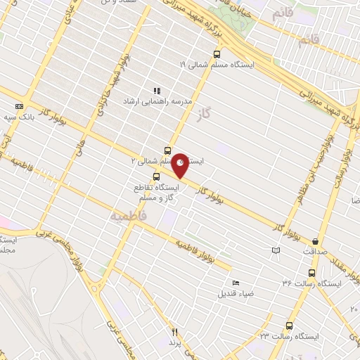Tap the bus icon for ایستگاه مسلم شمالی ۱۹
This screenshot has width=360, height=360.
217,53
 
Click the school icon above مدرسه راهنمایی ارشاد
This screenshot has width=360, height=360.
157,91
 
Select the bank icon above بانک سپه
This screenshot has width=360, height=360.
19,106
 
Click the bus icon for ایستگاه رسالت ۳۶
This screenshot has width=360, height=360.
311,272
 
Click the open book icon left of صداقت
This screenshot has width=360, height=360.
276,250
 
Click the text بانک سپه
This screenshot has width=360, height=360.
17,117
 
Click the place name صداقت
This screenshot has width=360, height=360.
315,251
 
